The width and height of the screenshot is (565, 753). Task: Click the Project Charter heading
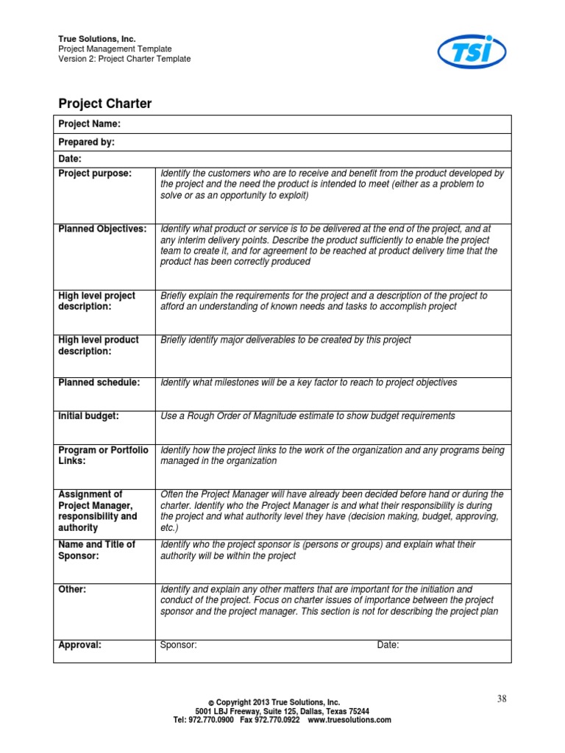click(105, 104)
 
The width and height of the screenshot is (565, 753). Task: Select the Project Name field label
click(89, 124)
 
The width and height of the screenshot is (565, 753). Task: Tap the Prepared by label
click(86, 142)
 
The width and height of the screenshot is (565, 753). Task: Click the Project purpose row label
click(95, 174)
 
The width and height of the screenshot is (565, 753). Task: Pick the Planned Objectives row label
click(102, 229)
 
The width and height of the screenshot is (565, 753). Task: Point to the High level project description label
click(97, 301)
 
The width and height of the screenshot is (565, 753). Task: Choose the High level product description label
click(99, 346)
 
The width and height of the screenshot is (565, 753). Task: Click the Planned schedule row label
click(99, 383)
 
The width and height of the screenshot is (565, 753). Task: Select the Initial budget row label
click(88, 416)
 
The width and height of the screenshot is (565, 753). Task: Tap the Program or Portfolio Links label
click(103, 455)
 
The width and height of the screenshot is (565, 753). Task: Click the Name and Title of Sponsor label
click(96, 550)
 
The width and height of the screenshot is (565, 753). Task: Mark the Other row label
click(72, 590)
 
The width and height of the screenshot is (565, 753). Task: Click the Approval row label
click(79, 646)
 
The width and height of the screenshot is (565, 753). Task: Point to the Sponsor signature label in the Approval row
click(178, 646)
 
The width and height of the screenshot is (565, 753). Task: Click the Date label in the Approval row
click(388, 646)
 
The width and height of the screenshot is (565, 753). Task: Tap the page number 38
click(502, 699)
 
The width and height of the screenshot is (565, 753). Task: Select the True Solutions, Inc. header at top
click(97, 39)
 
